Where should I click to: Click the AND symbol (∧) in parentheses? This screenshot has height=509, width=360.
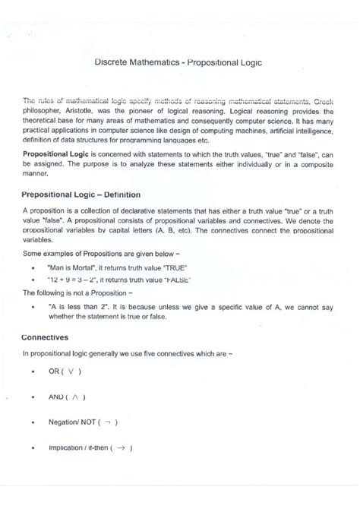(x=78, y=397)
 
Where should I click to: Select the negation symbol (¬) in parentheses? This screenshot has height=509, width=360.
(x=110, y=422)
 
